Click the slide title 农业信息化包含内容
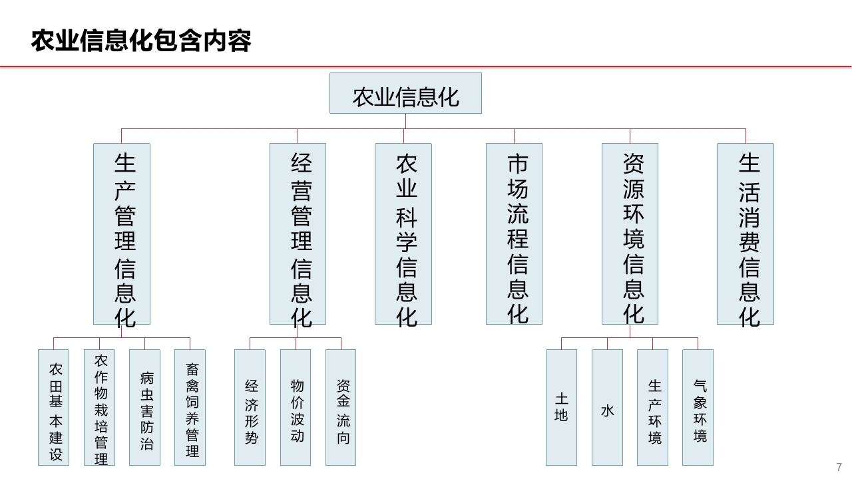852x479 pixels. (141, 41)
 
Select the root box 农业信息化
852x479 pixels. (405, 93)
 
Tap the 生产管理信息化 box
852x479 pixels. (122, 234)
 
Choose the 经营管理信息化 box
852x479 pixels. (298, 234)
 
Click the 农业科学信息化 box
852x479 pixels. (403, 234)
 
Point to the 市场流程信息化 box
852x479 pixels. (515, 234)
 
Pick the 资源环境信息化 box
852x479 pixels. (630, 234)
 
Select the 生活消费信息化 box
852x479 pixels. (745, 234)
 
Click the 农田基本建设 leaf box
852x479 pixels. (54, 408)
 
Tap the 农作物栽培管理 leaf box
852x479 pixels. (99, 408)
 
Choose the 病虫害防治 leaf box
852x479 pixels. (144, 408)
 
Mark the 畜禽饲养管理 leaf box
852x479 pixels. (190, 408)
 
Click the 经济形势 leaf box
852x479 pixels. (250, 408)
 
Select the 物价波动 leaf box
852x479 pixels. (296, 408)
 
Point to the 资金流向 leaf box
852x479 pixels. (341, 408)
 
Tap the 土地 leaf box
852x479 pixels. (561, 408)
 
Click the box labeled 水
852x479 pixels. (608, 408)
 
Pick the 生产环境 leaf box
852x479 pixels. (653, 408)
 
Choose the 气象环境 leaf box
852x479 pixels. (698, 408)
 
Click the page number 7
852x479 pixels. (839, 467)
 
